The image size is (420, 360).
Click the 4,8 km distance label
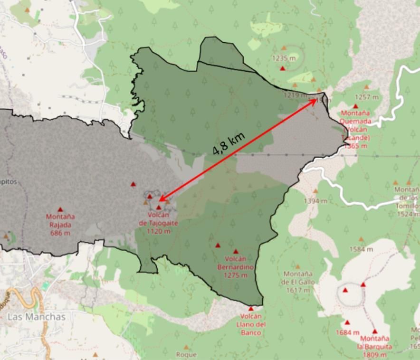pos(229,143)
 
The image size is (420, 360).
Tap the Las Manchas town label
pos(36,317)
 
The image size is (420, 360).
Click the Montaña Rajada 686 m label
pos(60,225)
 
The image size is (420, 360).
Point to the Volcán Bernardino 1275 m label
pos(236,267)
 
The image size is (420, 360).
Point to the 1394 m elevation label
pos(315,201)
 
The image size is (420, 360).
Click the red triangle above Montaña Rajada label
pos(60,209)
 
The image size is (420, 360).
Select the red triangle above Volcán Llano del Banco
pos(251,309)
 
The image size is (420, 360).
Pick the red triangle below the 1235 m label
pos(283,68)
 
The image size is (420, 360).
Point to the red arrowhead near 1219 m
pos(315,99)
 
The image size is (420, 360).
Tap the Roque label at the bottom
pos(186,354)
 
